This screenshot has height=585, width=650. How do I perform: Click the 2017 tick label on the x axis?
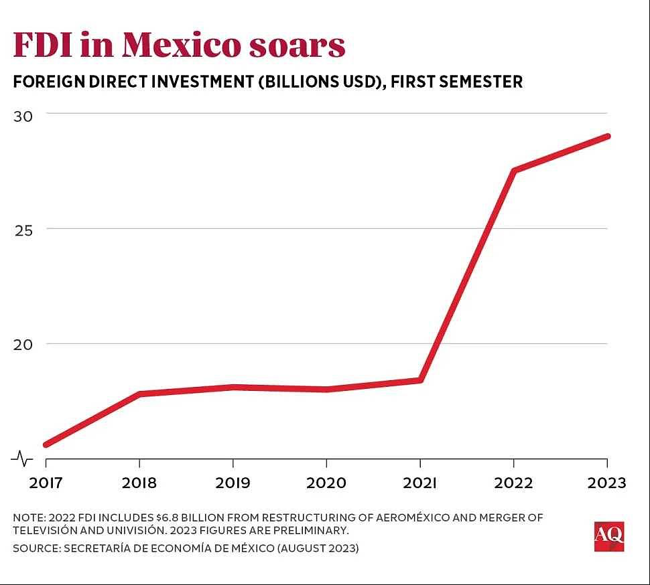[x=46, y=482]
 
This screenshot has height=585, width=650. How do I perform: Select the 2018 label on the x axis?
[x=139, y=482]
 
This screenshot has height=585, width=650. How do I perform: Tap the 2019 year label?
[x=233, y=482]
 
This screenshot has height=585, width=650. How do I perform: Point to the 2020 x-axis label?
[x=326, y=482]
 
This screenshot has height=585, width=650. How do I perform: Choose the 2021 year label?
[x=419, y=482]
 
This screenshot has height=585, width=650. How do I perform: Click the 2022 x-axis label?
[x=513, y=482]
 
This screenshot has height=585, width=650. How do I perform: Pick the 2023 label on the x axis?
[x=606, y=482]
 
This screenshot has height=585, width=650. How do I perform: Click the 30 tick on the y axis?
[x=23, y=115]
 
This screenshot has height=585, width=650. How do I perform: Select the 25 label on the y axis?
[x=23, y=230]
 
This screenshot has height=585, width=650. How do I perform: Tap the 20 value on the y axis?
[x=23, y=344]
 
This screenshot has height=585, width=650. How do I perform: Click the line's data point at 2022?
[x=513, y=170]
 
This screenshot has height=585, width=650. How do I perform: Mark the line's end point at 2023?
[x=606, y=137]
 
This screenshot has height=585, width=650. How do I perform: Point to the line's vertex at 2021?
[x=420, y=380]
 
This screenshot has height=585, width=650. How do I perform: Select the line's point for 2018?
[x=139, y=394]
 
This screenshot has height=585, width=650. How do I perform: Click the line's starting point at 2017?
[x=46, y=444]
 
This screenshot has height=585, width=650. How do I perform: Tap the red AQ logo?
[x=608, y=536]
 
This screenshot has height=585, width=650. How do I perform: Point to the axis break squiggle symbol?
[x=22, y=458]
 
